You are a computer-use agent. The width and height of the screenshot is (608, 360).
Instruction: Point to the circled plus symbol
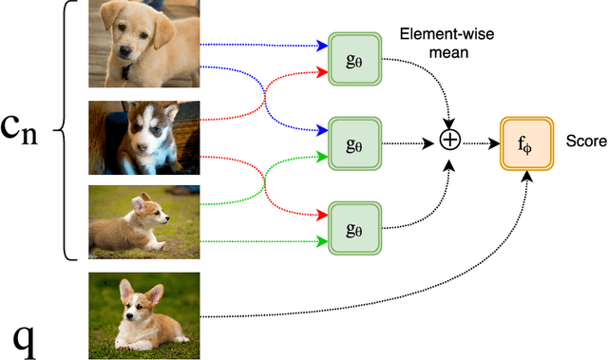click(450, 140)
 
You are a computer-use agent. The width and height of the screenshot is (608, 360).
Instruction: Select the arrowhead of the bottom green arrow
click(318, 241)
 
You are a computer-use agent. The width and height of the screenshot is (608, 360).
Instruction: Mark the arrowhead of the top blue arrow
click(318, 46)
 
